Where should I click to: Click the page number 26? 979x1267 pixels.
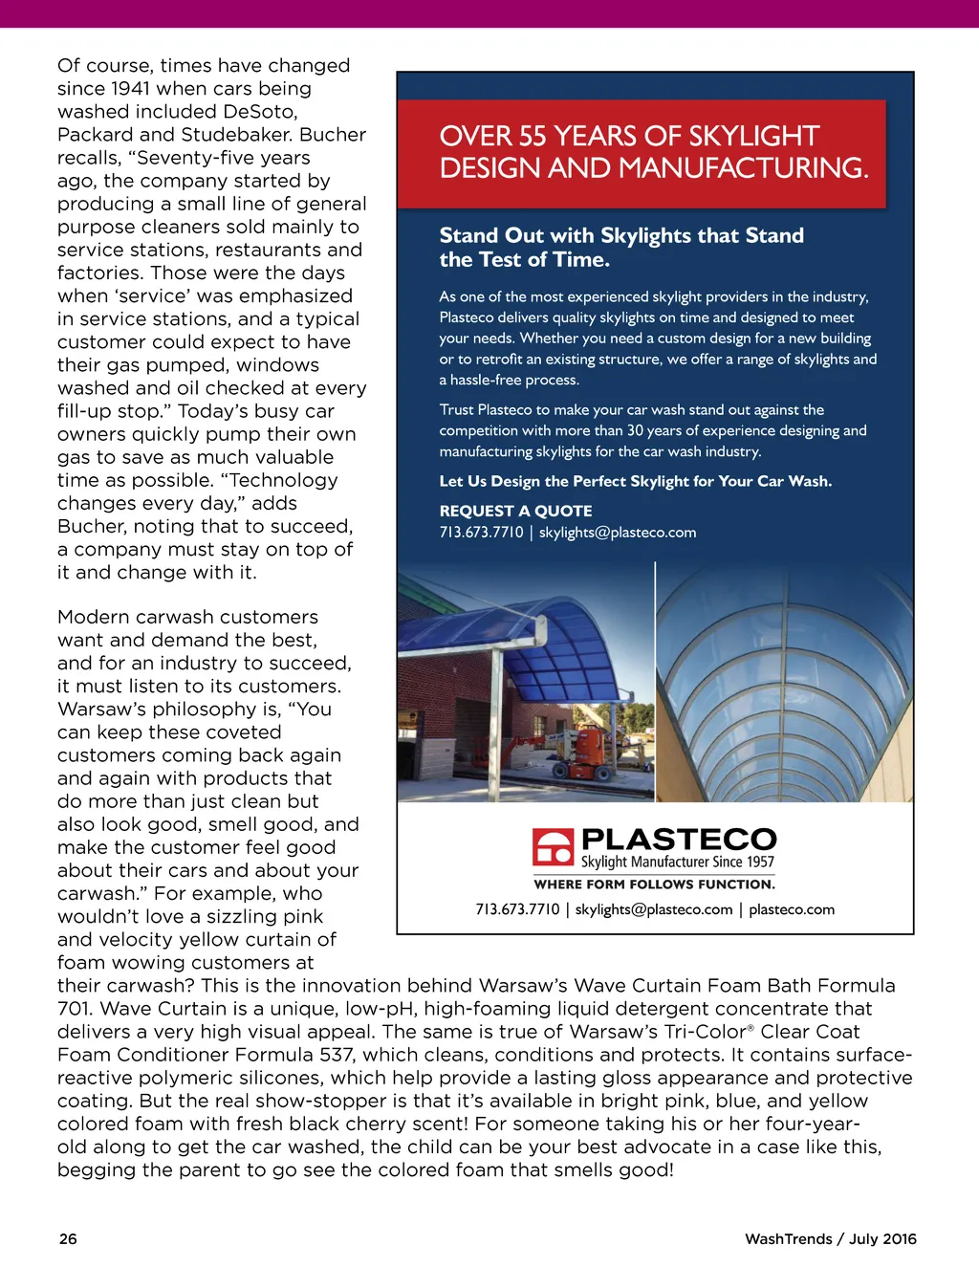68,1238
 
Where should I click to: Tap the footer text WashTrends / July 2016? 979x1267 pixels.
830,1238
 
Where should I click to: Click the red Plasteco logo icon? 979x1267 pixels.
553,847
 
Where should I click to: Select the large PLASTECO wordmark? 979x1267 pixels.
679,839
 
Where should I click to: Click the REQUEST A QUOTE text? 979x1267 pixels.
515,511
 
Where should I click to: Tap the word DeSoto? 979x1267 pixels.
259,112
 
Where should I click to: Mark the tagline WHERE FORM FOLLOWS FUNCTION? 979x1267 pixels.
654,885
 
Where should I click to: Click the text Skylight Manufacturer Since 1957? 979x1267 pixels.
678,863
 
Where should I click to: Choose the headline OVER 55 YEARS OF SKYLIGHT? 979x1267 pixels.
629,137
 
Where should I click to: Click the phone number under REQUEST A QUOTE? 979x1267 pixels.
481,533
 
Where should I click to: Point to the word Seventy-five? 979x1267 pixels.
220,158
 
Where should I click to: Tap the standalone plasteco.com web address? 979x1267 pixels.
792,909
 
